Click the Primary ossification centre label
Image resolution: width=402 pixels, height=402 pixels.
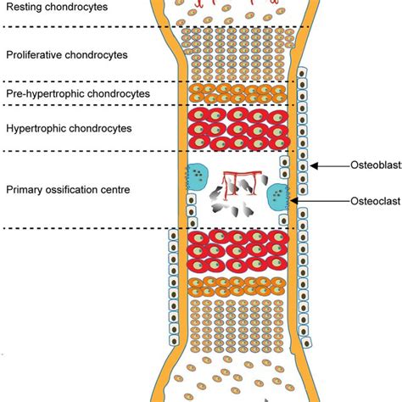click(68, 190)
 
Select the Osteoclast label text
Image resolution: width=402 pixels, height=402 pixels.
click(376, 201)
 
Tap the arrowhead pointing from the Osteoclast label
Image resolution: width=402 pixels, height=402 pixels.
click(293, 201)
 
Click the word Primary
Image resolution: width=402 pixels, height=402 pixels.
click(25, 190)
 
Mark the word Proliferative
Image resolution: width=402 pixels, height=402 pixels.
click(34, 55)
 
